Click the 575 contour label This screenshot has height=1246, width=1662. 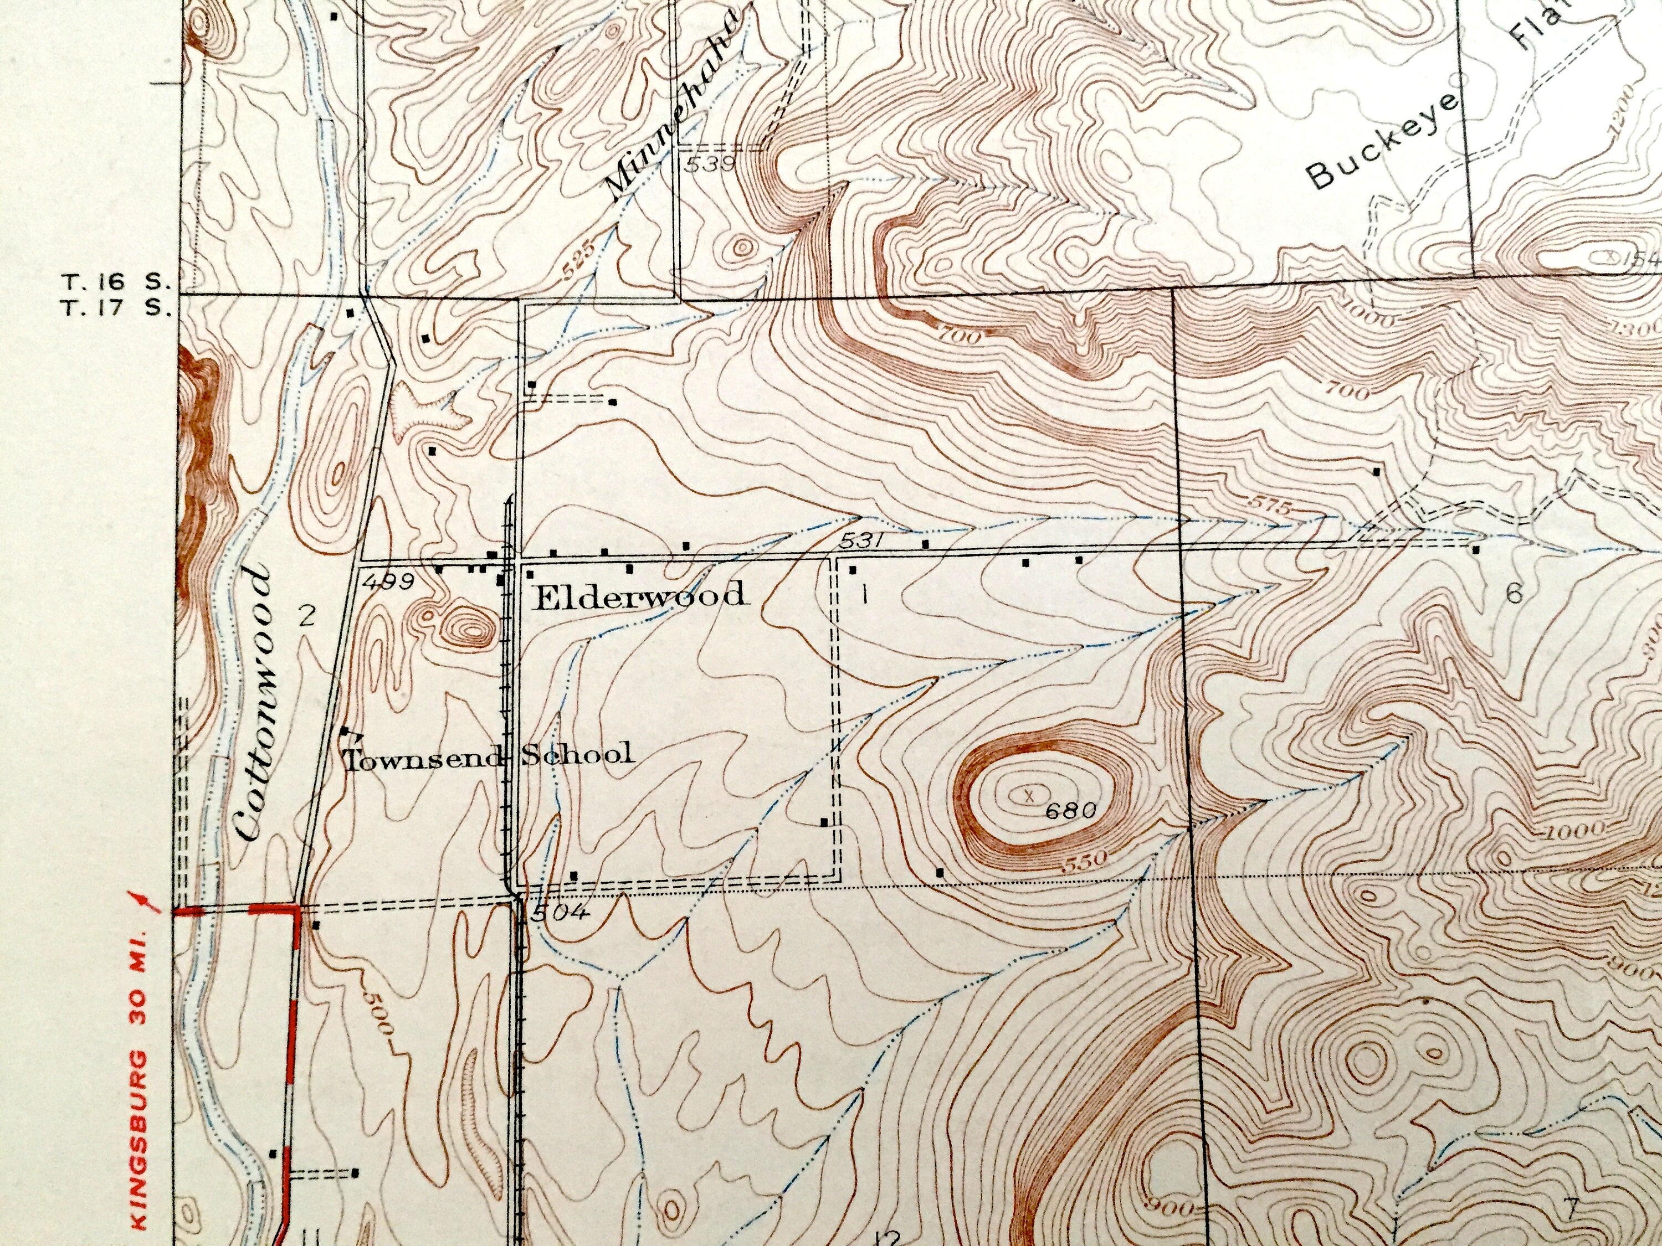1268,507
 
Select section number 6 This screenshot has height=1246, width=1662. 1514,593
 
